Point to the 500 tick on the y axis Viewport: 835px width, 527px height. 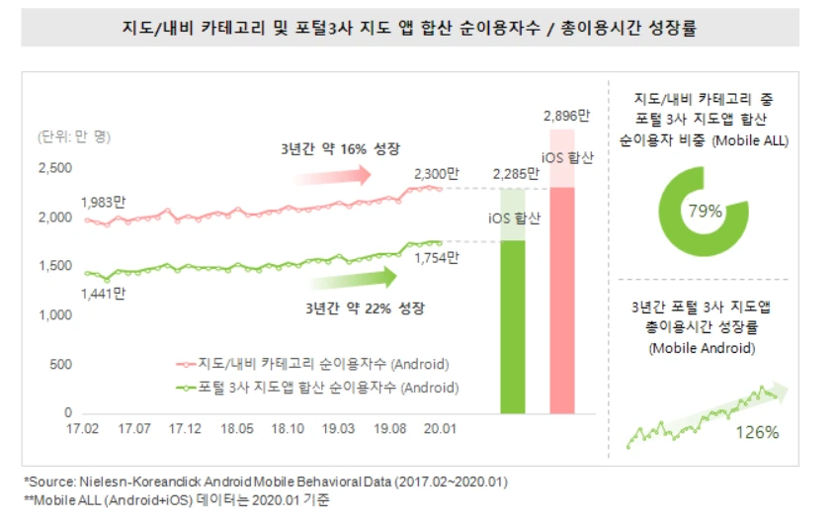pyautogui.click(x=61, y=364)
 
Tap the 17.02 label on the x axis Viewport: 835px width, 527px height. pyautogui.click(x=82, y=429)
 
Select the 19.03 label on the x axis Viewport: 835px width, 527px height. pyautogui.click(x=339, y=429)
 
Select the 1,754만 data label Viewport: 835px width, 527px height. pyautogui.click(x=437, y=259)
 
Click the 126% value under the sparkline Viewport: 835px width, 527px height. pyautogui.click(x=758, y=432)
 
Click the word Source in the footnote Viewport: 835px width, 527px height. pyautogui.click(x=49, y=481)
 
